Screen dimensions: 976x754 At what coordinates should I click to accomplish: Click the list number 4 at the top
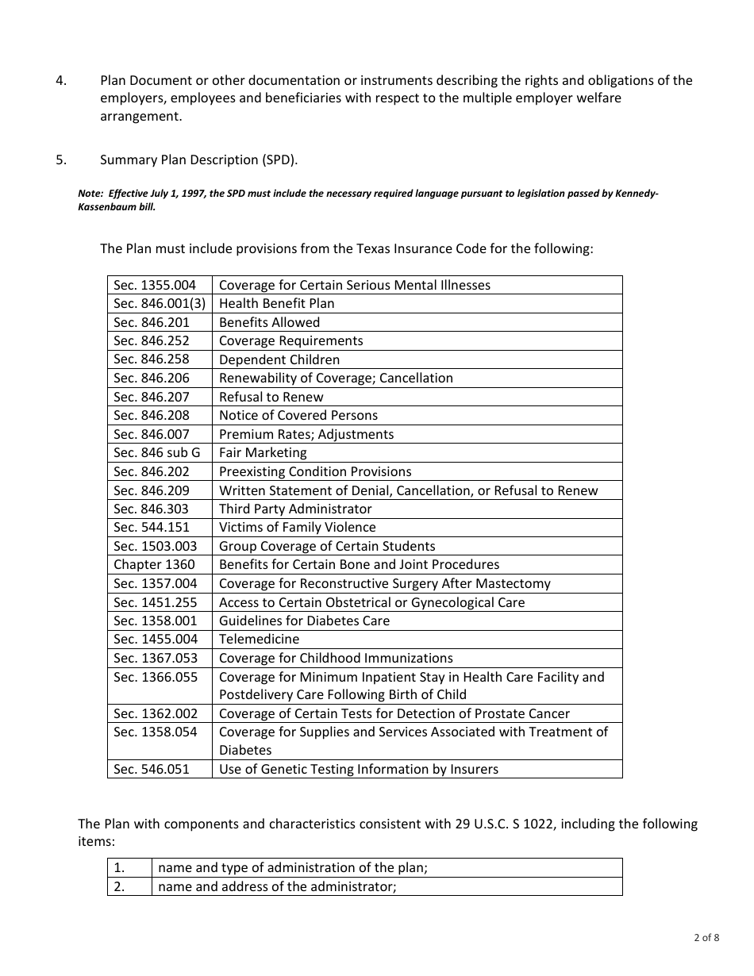61,80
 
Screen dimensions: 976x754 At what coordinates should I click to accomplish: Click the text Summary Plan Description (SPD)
199,159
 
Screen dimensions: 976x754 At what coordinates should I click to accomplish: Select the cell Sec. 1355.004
155,285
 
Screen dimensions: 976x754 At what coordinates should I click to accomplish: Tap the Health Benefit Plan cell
277,303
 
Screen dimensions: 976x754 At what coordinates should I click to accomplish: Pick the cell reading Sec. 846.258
152,359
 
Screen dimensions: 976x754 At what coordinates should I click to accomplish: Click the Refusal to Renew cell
271,397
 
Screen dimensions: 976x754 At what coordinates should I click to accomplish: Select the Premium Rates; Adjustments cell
306,434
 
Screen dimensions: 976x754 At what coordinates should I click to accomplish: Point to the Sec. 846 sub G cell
157,452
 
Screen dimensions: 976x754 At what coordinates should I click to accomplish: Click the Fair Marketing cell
263,452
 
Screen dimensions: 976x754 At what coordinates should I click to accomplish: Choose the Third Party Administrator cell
295,509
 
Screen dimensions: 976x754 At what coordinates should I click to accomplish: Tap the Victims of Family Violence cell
298,527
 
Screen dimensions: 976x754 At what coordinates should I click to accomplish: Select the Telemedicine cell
260,639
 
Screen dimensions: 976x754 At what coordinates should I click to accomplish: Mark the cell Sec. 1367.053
156,658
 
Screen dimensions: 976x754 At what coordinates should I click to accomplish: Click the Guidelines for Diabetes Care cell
305,621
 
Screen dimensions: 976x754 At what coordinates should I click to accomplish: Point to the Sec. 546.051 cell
152,769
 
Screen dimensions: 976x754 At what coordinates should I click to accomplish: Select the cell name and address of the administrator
277,886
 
